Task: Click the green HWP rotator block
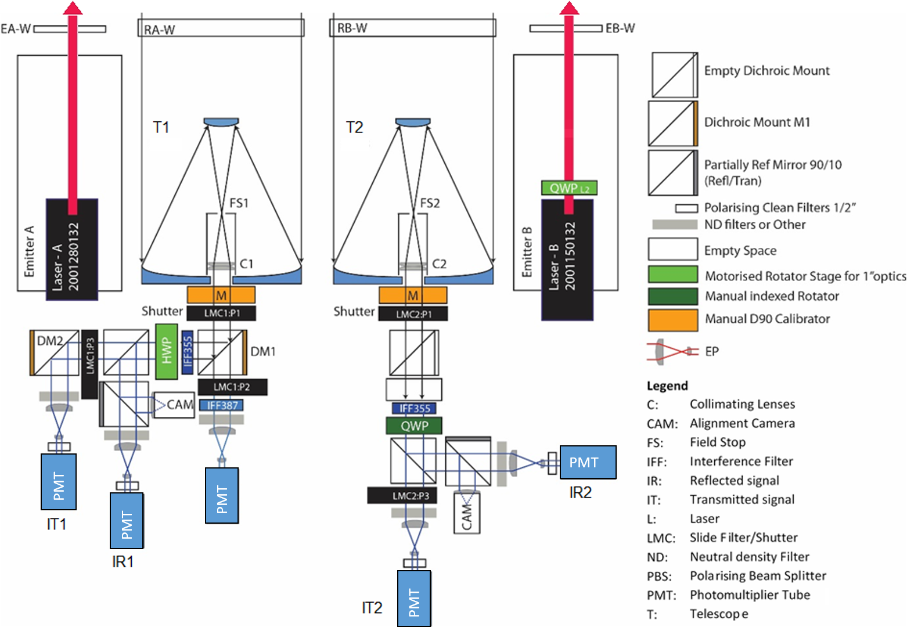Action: click(167, 351)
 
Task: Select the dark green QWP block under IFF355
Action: click(414, 426)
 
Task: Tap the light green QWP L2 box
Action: click(569, 188)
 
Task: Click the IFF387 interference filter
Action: click(221, 405)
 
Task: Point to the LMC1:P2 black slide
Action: click(232, 387)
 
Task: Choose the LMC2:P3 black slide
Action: click(402, 495)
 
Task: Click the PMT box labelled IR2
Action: click(588, 462)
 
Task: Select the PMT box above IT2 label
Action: click(414, 598)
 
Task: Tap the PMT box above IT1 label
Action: click(59, 482)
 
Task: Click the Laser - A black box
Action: click(72, 250)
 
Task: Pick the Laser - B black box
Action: click(567, 260)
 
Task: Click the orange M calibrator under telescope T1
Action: click(221, 295)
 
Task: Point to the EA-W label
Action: click(15, 28)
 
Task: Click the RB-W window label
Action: click(352, 28)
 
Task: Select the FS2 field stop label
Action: click(430, 203)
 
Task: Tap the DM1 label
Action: click(263, 351)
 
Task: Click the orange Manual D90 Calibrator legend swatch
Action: click(672, 320)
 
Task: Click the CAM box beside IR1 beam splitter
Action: click(174, 405)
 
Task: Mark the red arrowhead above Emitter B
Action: click(569, 8)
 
